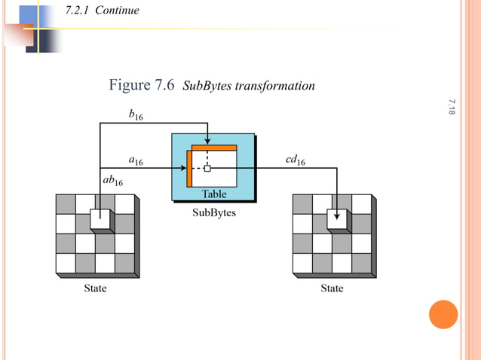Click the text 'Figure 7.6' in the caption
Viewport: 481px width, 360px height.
click(x=142, y=85)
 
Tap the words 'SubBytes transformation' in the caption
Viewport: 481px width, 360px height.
click(x=249, y=86)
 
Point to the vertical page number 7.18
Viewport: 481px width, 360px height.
click(x=452, y=107)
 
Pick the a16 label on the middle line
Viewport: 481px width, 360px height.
click(x=136, y=160)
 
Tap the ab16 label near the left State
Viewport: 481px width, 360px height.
click(x=112, y=182)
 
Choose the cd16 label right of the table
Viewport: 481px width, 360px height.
click(x=295, y=160)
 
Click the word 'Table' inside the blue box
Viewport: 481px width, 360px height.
click(x=213, y=194)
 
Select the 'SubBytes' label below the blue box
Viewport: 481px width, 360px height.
click(x=214, y=213)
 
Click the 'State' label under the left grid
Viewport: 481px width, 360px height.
click(x=94, y=288)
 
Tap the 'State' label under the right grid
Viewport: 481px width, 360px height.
click(x=332, y=288)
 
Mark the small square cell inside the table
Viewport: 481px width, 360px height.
click(x=207, y=169)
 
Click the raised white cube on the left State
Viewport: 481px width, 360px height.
click(x=100, y=218)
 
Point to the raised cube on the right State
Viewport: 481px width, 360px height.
click(x=337, y=218)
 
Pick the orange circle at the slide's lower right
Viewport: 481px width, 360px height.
click(x=443, y=314)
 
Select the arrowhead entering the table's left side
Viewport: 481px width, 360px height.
click(x=183, y=168)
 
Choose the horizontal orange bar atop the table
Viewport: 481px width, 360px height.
click(x=215, y=148)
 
